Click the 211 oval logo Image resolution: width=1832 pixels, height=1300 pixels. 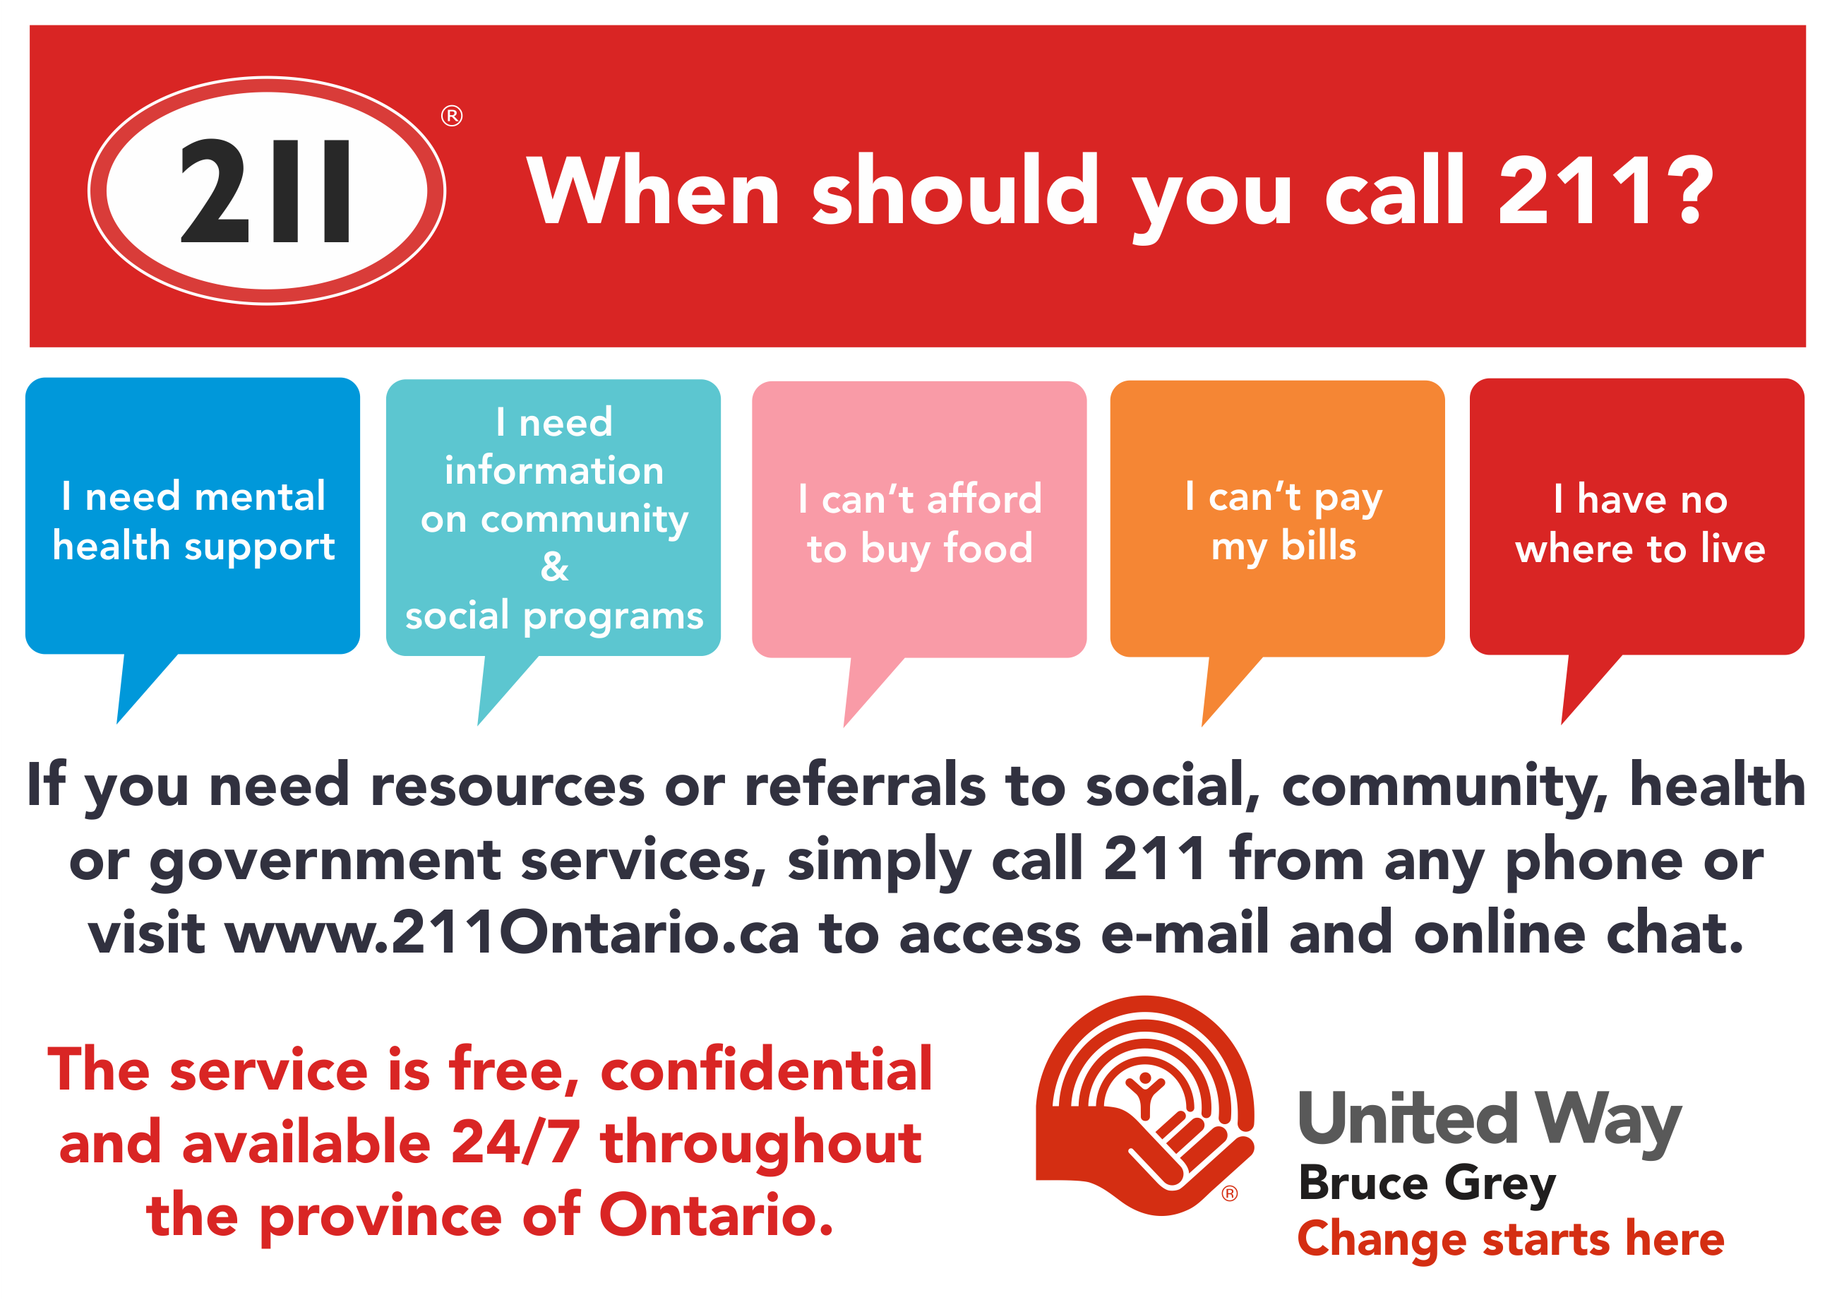pyautogui.click(x=267, y=191)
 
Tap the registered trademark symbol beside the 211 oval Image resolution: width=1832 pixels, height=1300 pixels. pyautogui.click(x=451, y=116)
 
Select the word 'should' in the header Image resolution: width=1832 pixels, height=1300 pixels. pyautogui.click(x=956, y=190)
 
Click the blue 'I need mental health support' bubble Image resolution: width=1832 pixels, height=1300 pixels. pyautogui.click(x=192, y=516)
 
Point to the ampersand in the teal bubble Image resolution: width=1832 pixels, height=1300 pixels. pyautogui.click(x=554, y=567)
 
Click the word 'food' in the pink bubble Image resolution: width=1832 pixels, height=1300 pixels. pyautogui.click(x=988, y=549)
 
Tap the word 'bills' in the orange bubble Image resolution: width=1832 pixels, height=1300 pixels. pyautogui.click(x=1318, y=546)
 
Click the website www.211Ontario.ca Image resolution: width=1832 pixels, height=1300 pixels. pyautogui.click(x=513, y=934)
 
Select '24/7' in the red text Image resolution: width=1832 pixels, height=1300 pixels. pyautogui.click(x=515, y=1143)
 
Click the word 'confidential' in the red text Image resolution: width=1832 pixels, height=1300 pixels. pyautogui.click(x=766, y=1070)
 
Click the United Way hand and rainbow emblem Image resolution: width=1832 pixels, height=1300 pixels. pyautogui.click(x=1144, y=1104)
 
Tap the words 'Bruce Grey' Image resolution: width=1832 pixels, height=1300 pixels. pyautogui.click(x=1427, y=1183)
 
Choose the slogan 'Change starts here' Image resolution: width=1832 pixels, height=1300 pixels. pyautogui.click(x=1510, y=1239)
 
